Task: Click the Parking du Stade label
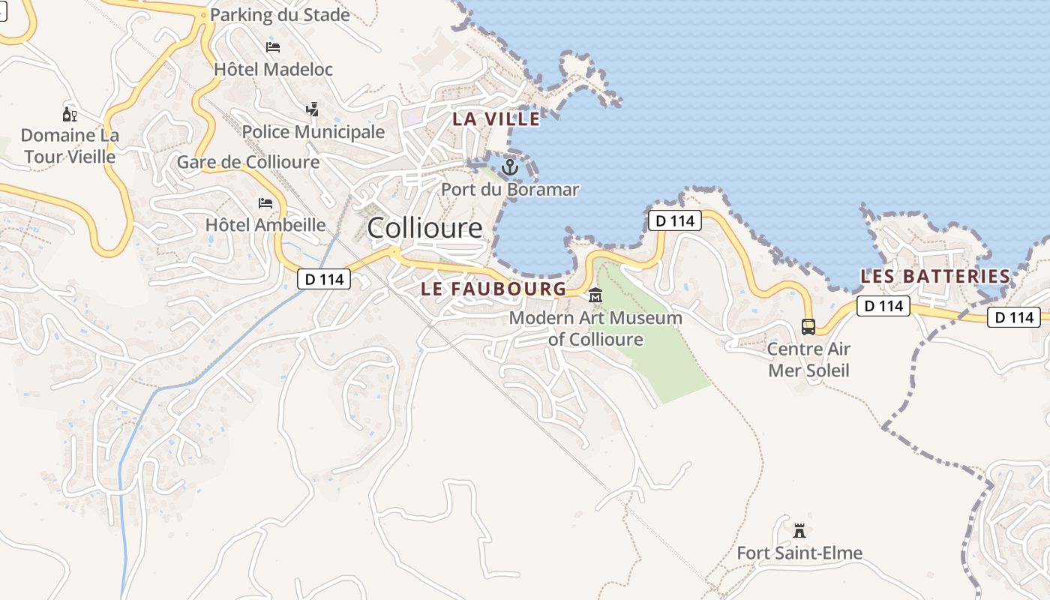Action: [x=280, y=15]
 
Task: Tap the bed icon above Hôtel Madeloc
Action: [x=273, y=46]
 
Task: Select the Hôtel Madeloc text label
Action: [x=273, y=69]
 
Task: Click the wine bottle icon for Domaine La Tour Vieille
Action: [x=70, y=114]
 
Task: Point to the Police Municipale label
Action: [x=313, y=132]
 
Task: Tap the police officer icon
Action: [x=313, y=109]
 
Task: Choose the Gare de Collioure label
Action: [x=248, y=162]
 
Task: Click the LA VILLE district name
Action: [x=496, y=118]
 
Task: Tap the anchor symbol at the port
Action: [x=510, y=167]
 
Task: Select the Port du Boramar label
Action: [x=510, y=189]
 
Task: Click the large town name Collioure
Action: [x=424, y=228]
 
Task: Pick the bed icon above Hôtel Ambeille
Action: [x=265, y=202]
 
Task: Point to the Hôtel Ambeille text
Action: [x=265, y=225]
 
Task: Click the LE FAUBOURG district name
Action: [x=493, y=289]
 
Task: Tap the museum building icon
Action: [x=595, y=295]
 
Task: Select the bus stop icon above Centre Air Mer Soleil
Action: [x=808, y=327]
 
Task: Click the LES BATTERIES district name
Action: [x=935, y=276]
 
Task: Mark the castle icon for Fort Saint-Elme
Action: [x=799, y=531]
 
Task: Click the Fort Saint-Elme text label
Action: [x=799, y=553]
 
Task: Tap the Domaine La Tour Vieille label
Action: [x=70, y=146]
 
